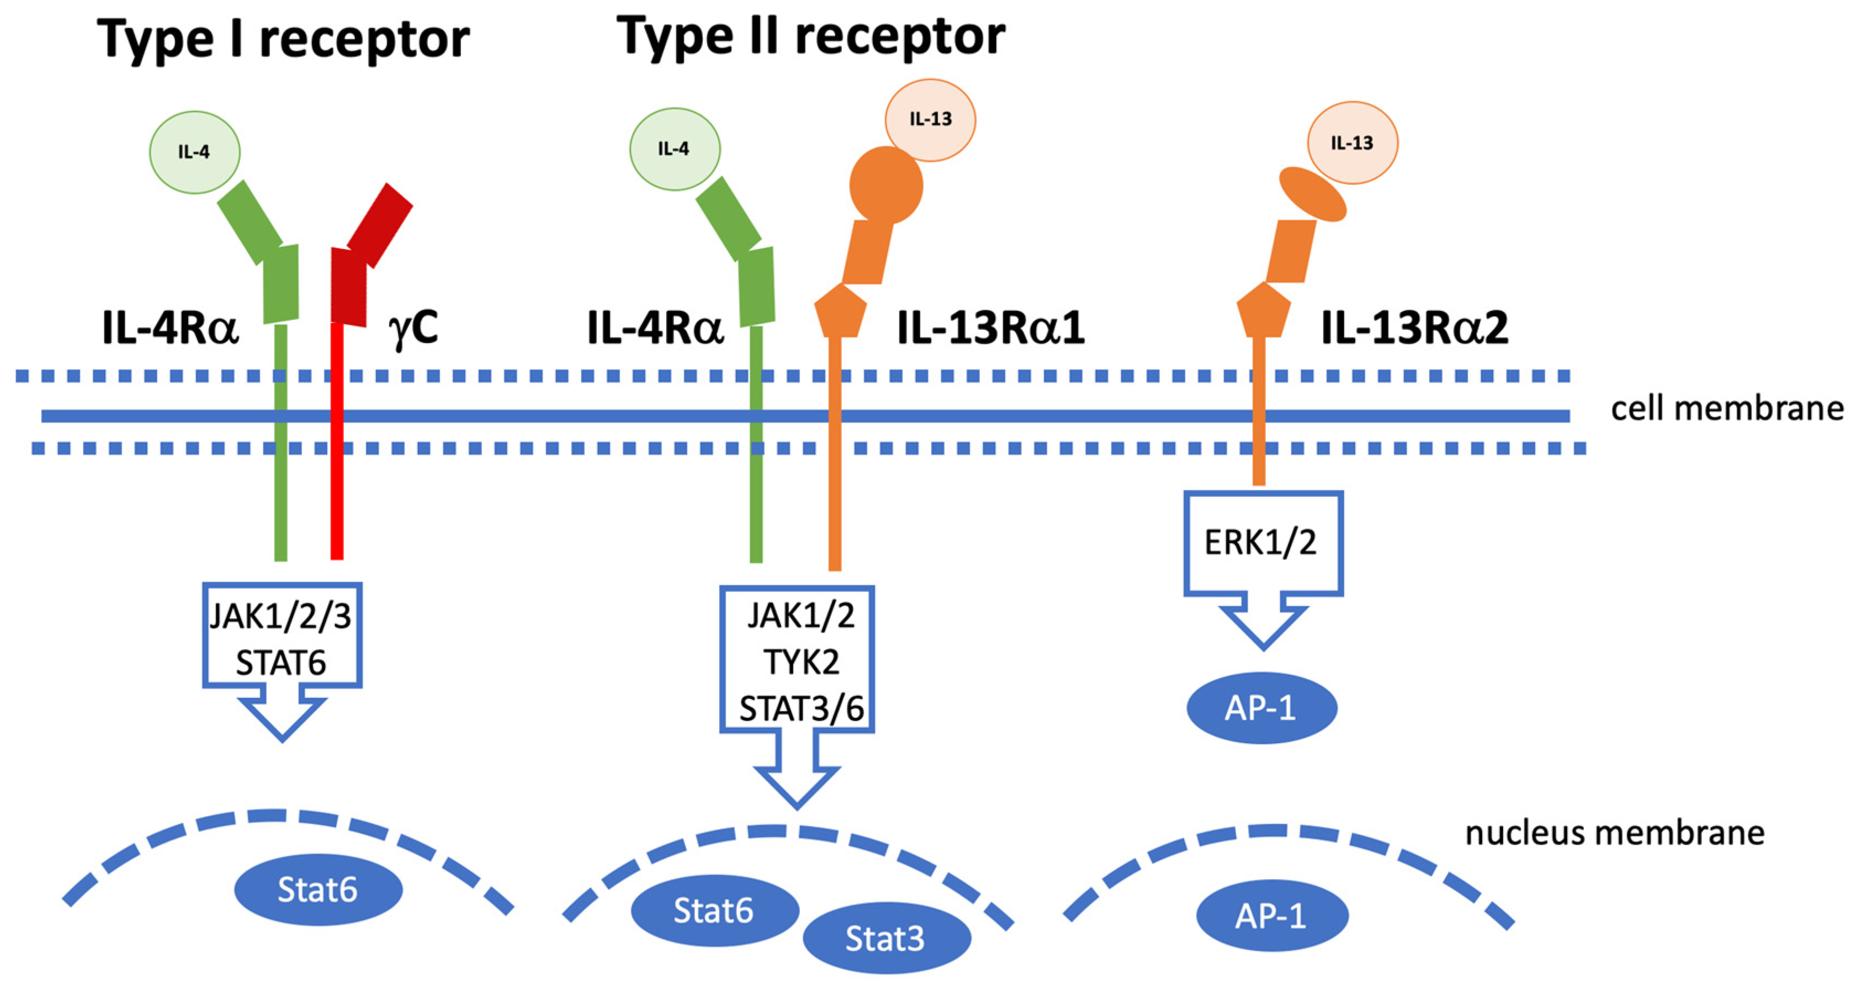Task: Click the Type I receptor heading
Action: [283, 39]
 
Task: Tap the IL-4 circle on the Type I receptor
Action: [194, 152]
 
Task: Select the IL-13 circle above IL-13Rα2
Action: [1351, 142]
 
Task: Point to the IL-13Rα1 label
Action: [990, 328]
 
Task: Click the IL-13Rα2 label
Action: [1414, 328]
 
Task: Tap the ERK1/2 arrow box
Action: [1262, 543]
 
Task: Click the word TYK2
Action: [801, 662]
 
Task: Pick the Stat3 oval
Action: [886, 939]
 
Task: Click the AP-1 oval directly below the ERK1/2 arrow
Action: [1261, 707]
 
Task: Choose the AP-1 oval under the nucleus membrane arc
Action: [1271, 915]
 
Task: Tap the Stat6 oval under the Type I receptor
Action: [318, 890]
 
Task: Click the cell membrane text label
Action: [1726, 409]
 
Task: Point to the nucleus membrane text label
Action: [1614, 833]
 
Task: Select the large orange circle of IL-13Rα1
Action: [886, 185]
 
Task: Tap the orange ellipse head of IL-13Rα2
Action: [1312, 194]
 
